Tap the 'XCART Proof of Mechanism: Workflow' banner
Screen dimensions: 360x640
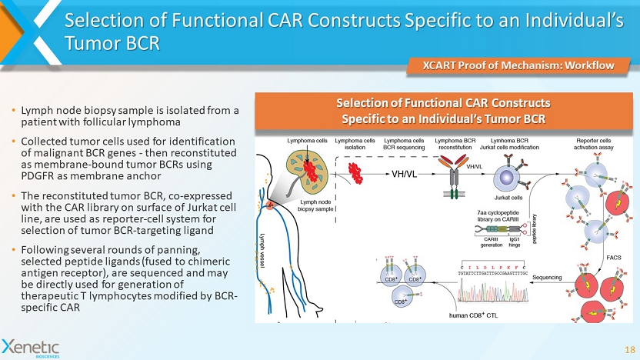coord(522,65)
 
